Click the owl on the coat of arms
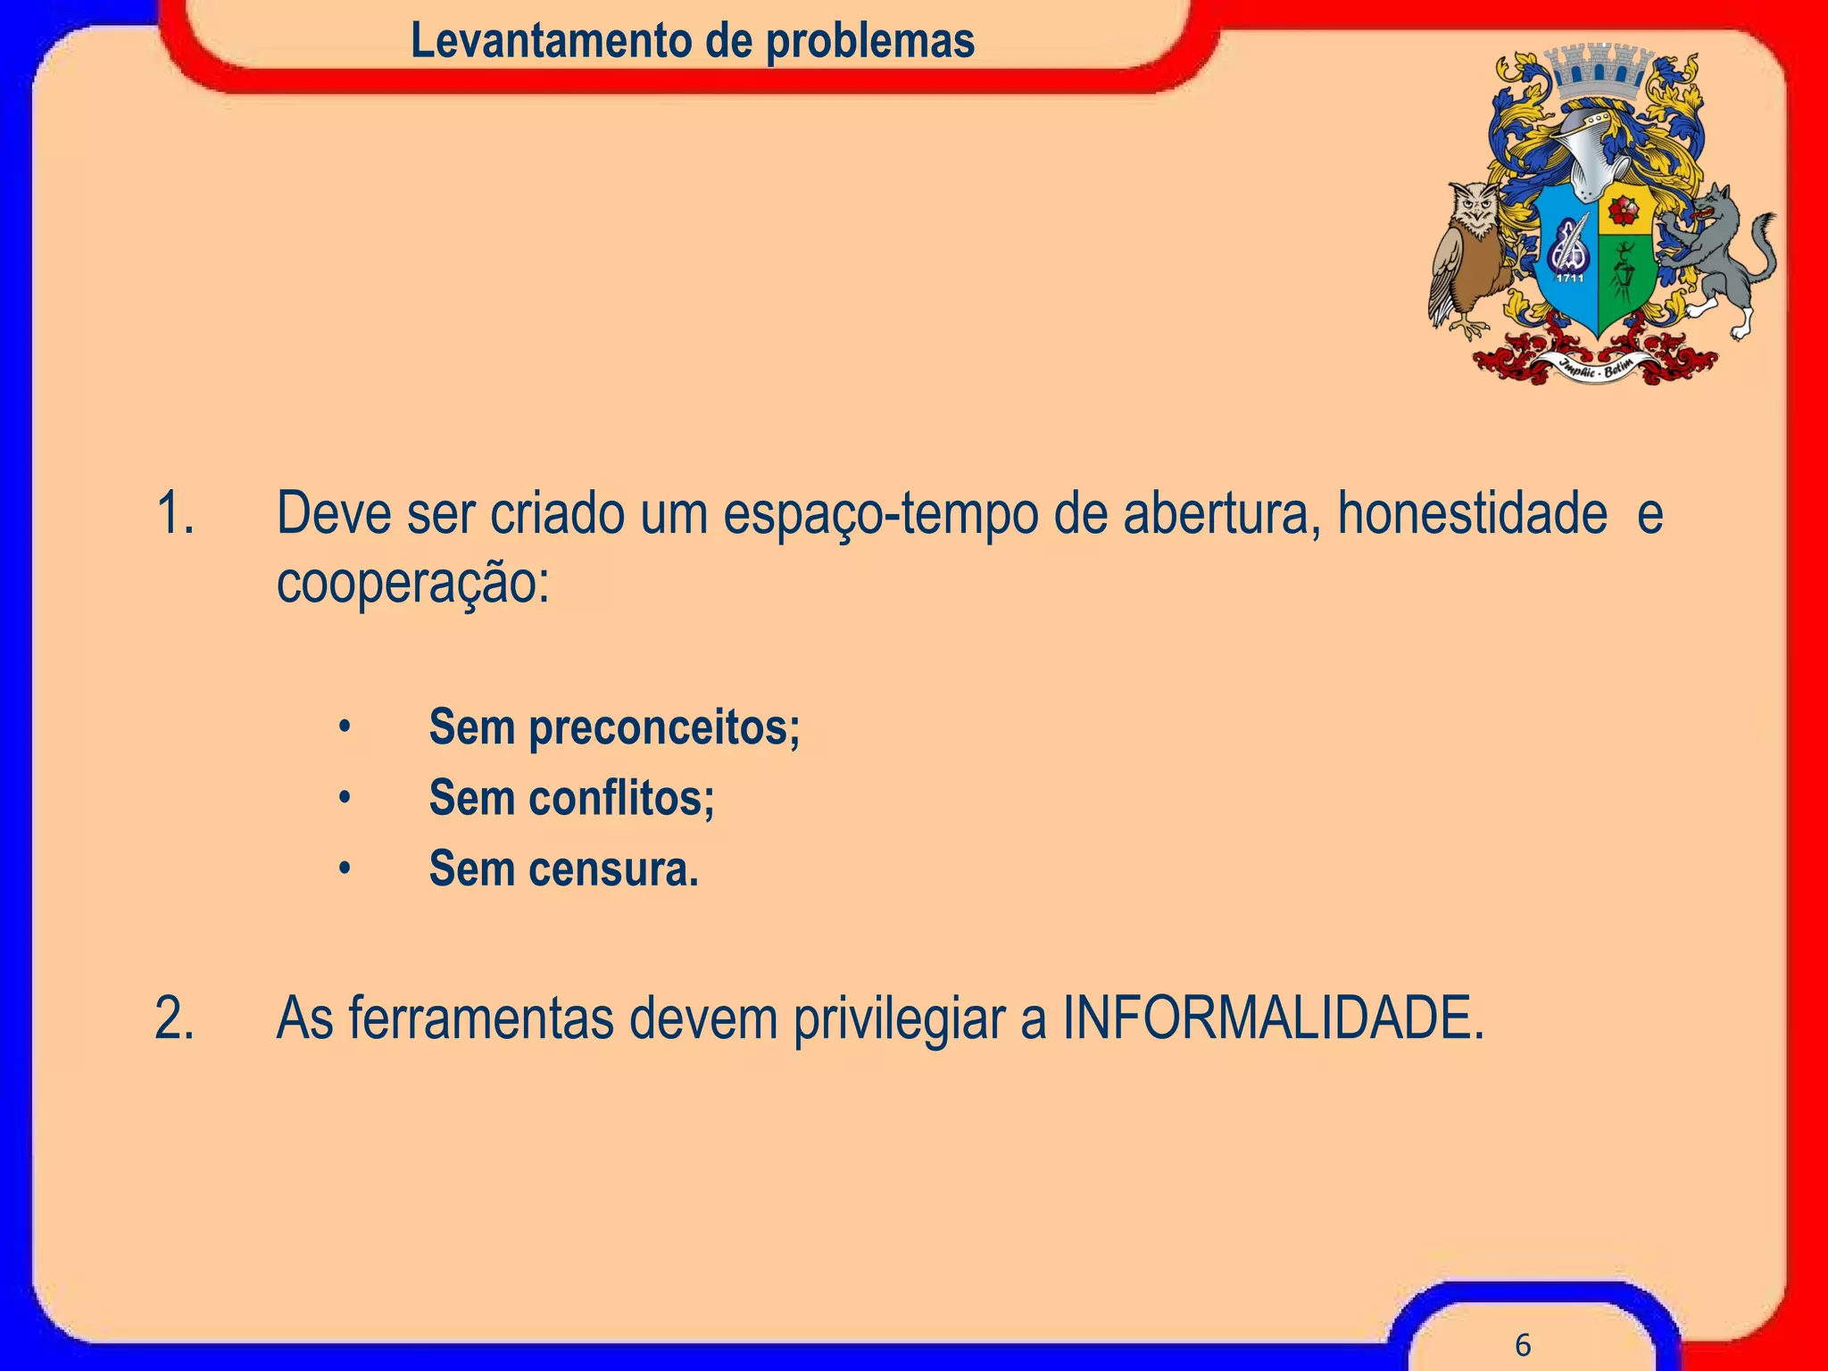point(1471,254)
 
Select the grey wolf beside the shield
point(1718,254)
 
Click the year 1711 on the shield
point(1570,278)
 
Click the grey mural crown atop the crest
point(1599,71)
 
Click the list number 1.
point(174,514)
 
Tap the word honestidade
point(1472,514)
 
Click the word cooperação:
point(412,584)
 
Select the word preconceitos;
point(664,728)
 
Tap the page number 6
point(1523,1344)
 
